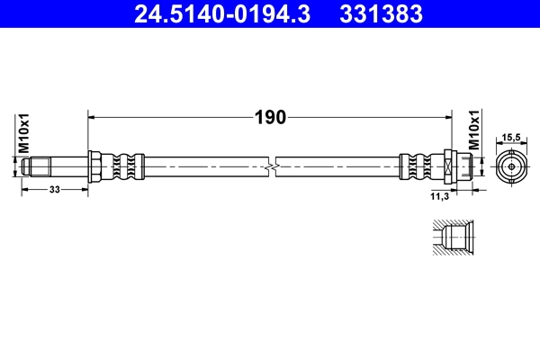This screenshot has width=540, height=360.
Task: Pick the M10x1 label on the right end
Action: [x=474, y=131]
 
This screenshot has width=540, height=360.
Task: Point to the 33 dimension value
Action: [x=55, y=190]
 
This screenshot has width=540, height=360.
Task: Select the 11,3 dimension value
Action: [x=441, y=193]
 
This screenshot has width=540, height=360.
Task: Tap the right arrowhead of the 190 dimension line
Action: [x=447, y=117]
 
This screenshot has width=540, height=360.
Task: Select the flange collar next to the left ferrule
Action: [x=94, y=166]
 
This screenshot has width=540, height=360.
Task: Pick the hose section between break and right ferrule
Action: [x=337, y=166]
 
